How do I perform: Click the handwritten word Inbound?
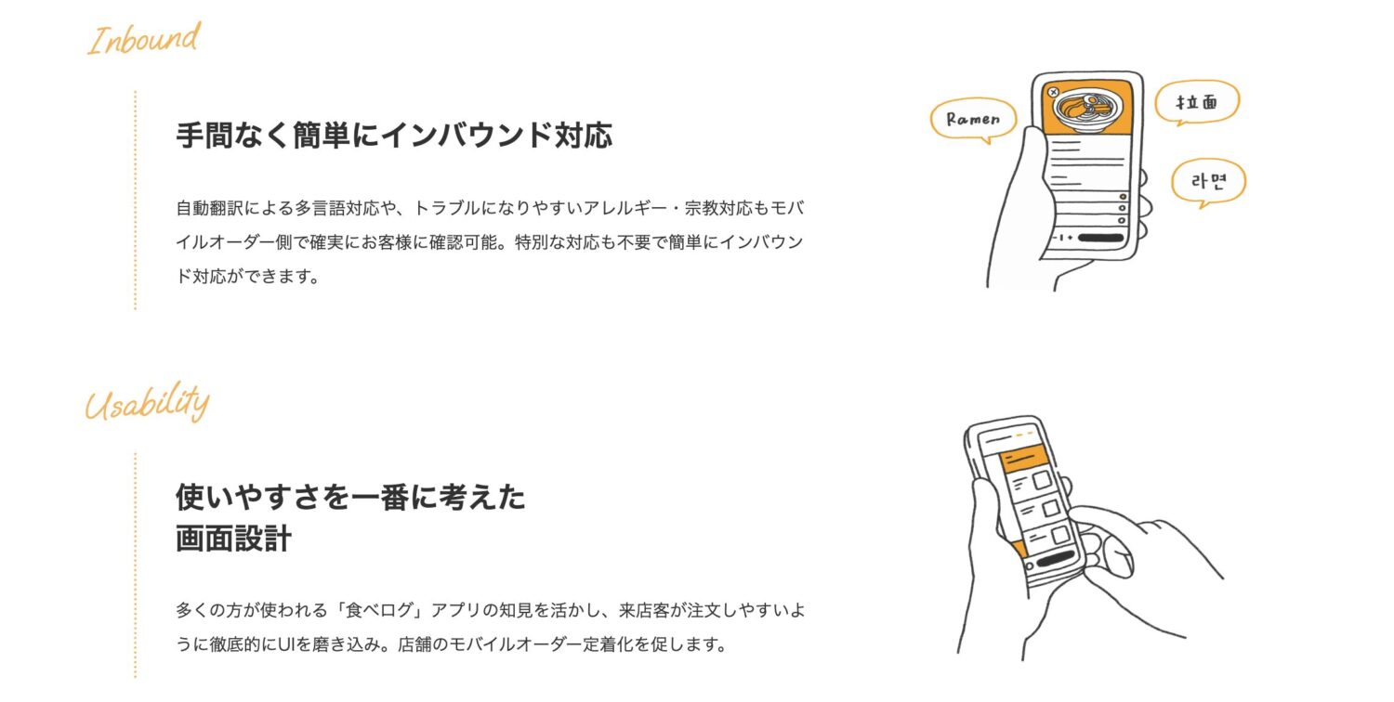click(x=144, y=40)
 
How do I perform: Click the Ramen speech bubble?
click(x=973, y=119)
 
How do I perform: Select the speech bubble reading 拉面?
click(x=1196, y=102)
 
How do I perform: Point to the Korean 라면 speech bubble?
click(x=1207, y=181)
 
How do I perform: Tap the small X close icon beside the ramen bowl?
click(x=1053, y=92)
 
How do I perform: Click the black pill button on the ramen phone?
click(x=1100, y=238)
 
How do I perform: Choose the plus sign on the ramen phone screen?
click(x=1070, y=238)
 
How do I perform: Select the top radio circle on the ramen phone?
click(x=1123, y=197)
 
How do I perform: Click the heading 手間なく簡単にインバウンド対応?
click(x=394, y=136)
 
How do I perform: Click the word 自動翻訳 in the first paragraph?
click(x=206, y=207)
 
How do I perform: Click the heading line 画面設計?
click(x=233, y=539)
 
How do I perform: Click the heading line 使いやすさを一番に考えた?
click(x=350, y=498)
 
